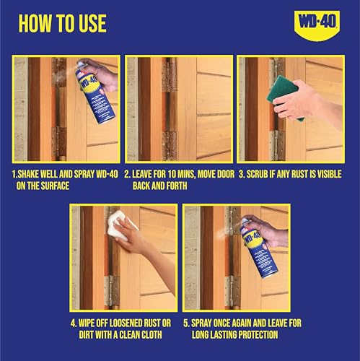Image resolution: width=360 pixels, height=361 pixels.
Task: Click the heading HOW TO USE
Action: tap(63, 23)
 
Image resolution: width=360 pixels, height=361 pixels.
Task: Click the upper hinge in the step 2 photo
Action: tap(168, 76)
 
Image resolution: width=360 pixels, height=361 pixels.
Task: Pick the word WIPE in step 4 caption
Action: tap(91, 323)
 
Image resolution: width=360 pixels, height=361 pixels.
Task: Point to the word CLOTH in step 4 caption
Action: tap(162, 335)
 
